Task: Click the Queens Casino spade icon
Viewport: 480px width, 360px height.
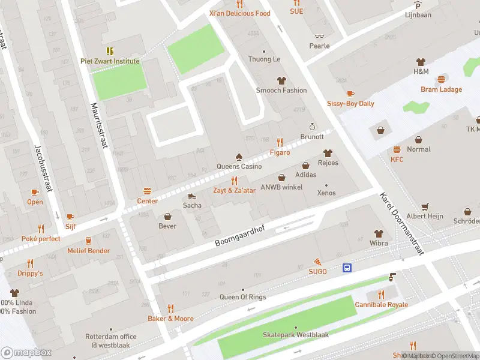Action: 239,156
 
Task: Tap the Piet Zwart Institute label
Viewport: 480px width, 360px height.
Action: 110,61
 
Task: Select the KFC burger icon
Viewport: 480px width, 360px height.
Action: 397,149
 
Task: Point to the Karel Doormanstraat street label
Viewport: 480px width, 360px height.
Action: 401,224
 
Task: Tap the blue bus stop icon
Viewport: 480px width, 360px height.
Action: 347,268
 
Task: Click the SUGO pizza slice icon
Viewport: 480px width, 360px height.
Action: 317,262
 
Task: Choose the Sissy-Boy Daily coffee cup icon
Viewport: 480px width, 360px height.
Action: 350,94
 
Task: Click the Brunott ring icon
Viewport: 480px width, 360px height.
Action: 311,127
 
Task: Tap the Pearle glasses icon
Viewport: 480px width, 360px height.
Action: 319,36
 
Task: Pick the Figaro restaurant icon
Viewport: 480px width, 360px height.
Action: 280,142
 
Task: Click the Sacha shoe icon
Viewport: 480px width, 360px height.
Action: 192,196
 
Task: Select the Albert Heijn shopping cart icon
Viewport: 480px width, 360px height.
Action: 425,206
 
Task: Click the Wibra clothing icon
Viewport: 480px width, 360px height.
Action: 379,233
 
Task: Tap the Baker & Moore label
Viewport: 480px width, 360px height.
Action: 171,319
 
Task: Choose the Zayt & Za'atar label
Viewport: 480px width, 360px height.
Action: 235,190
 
